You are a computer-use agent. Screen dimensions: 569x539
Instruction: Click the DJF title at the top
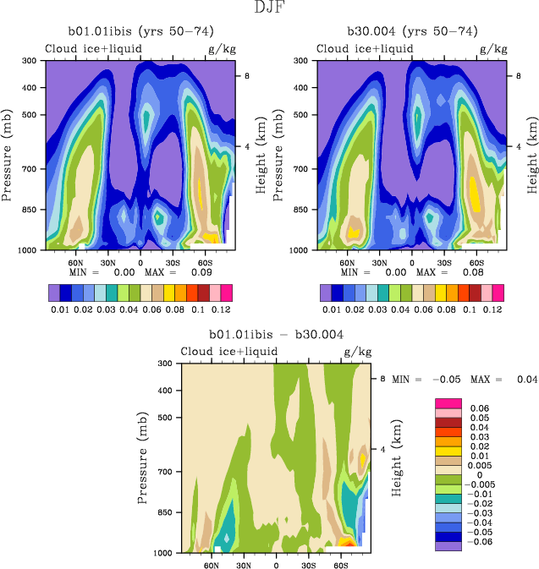(269, 8)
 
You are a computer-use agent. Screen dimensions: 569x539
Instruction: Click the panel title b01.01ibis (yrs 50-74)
(140, 31)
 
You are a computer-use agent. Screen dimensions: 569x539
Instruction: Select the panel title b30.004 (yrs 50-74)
(412, 31)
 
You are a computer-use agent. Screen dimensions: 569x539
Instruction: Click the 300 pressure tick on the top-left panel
(28, 61)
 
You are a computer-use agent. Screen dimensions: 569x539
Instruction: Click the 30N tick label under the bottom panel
(244, 563)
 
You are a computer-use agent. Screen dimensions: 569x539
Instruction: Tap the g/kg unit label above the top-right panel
(491, 48)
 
